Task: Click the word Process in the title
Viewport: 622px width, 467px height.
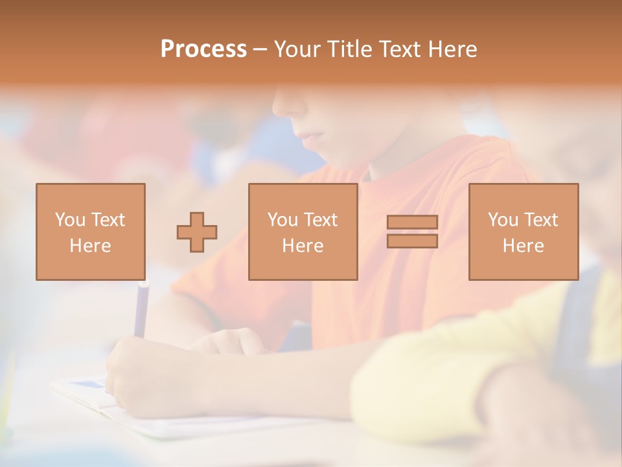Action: tap(203, 49)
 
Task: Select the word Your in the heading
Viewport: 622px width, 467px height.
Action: tap(297, 49)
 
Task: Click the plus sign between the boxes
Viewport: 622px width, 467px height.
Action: tap(197, 232)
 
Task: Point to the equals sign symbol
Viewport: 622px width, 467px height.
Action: tap(412, 232)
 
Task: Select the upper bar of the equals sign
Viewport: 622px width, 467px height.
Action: tap(412, 222)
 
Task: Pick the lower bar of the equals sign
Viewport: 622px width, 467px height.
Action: tap(412, 241)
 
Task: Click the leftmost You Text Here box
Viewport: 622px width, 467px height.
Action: tap(91, 232)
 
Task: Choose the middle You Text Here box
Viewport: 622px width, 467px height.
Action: tap(303, 232)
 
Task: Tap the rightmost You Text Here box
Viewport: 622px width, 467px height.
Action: tap(524, 232)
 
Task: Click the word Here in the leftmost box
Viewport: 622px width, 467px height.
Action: tap(90, 246)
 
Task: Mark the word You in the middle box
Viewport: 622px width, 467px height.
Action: tap(282, 220)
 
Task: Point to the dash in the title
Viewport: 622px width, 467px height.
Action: tap(260, 49)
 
